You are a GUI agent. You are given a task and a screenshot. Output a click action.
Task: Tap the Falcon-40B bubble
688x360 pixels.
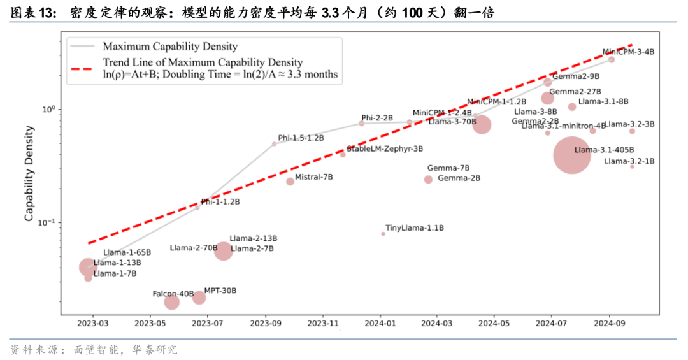coord(172,301)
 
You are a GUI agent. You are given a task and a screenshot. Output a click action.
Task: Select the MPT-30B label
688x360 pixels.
coord(220,291)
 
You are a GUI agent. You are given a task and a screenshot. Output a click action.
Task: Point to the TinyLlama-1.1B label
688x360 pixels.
coord(415,228)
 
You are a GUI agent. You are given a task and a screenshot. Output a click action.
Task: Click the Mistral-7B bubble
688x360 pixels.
coord(290,181)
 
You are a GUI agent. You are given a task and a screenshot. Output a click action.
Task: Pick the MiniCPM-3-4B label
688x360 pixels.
coord(628,52)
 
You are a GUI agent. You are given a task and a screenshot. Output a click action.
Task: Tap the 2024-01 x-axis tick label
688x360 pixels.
coord(380,324)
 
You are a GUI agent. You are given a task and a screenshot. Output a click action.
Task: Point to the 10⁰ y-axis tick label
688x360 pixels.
coord(49,110)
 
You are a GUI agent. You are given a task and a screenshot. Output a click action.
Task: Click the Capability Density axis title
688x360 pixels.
coord(29,173)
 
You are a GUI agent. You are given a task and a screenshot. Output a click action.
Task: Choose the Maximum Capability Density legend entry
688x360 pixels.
coord(170,47)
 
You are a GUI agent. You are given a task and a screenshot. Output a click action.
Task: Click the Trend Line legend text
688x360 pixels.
coord(203,62)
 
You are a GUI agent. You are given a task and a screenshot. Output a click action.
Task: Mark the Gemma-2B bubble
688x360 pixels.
coord(428,180)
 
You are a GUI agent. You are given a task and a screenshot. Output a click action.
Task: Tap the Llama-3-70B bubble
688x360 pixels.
coord(482,125)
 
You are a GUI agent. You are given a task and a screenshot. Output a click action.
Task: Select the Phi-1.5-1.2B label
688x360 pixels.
coord(301,138)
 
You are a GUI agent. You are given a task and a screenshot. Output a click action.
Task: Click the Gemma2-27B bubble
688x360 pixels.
coord(547,98)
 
